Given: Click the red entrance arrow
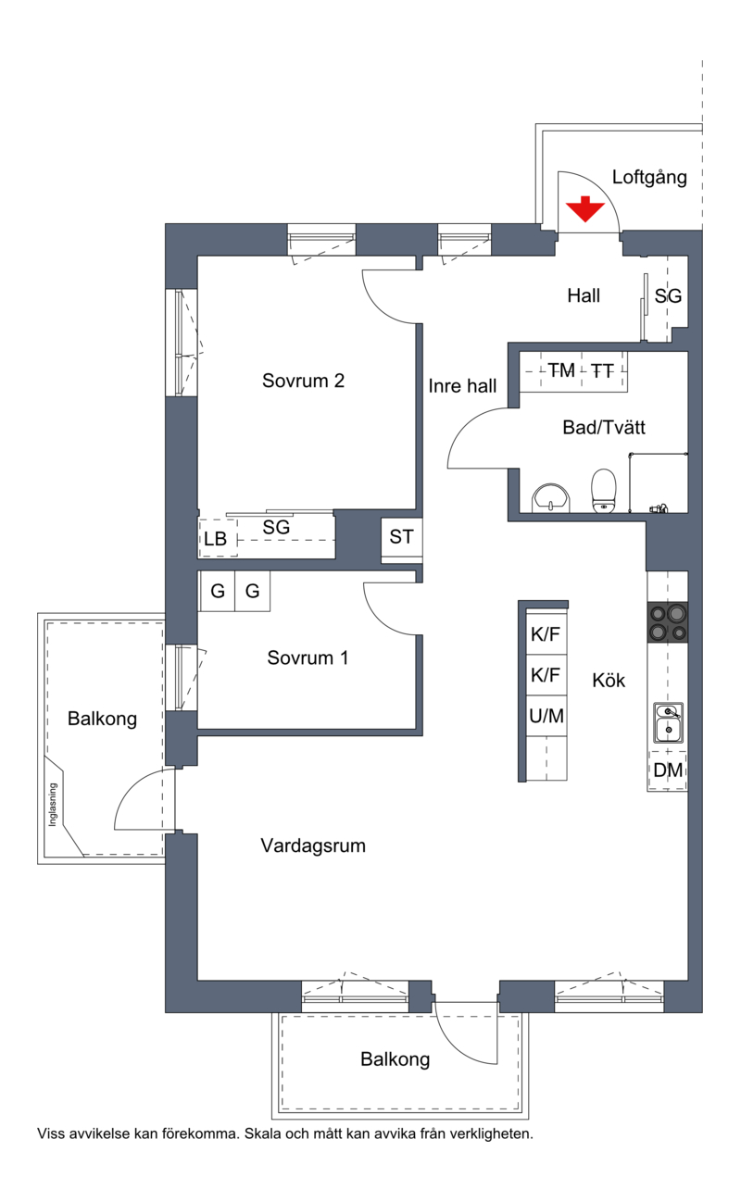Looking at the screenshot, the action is coord(584,209).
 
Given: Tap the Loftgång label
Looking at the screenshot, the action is coord(649,178).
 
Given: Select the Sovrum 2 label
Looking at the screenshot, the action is coord(303,381).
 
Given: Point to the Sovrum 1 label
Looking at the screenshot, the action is coord(308,657).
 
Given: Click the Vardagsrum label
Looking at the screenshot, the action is coord(313,845).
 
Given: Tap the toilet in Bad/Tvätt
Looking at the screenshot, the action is coord(603,491).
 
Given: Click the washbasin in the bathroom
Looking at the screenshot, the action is coord(550,498).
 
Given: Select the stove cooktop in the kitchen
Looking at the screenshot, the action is coord(668,622).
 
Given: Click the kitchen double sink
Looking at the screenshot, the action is coord(668,722).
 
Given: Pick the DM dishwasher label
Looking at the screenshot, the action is coord(668,770).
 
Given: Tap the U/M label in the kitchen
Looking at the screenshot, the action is coord(546,715).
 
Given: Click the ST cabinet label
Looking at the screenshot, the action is coord(401,536).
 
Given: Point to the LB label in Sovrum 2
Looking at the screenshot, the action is coord(215,539).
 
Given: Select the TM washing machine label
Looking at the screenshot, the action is coord(561,370).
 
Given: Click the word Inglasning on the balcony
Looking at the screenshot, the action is coord(53,805).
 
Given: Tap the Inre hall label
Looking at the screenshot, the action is coord(462,386).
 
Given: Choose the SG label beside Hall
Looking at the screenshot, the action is coord(668,295).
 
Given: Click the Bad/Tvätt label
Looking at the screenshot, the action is coord(604,427).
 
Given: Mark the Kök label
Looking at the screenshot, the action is coord(609,680).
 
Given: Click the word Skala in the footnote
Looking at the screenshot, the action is coord(262,1133).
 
